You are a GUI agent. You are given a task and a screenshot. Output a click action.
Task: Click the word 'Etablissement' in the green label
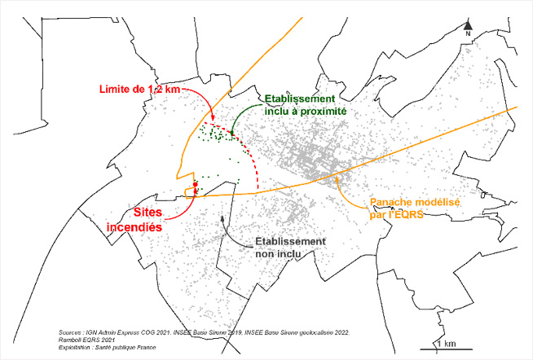[x=299, y=99]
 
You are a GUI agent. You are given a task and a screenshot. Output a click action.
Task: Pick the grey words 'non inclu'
[x=279, y=254]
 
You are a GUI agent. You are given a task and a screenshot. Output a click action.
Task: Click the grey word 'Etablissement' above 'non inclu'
[x=291, y=242]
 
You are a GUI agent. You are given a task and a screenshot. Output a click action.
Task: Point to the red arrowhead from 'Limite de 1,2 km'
[x=214, y=121]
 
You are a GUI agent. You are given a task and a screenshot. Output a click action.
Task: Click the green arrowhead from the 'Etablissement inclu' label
[x=232, y=132]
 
